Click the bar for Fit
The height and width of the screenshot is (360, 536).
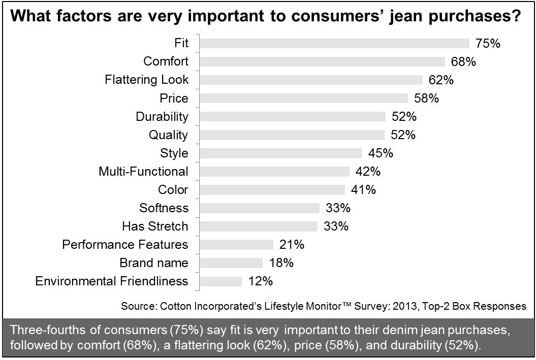334,43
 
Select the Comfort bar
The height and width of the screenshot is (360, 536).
322,61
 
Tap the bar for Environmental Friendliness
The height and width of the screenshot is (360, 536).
220,281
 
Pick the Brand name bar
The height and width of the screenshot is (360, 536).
231,263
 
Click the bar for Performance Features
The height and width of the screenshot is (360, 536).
236,245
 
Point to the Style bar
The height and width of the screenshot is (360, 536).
280,153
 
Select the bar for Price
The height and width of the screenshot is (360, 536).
303,98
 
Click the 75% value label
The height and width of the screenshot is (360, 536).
488,43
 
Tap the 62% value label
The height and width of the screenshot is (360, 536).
440,80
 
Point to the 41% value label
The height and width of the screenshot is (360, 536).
363,190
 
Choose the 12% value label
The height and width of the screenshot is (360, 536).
260,281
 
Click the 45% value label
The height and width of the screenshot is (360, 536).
380,153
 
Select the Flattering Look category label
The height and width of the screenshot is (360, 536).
146,80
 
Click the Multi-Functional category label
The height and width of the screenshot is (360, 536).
143,172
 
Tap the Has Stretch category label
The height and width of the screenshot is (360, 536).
155,226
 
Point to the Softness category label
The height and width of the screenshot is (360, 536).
164,208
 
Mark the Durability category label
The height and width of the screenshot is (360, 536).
162,117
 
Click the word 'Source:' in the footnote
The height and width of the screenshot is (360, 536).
139,307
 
